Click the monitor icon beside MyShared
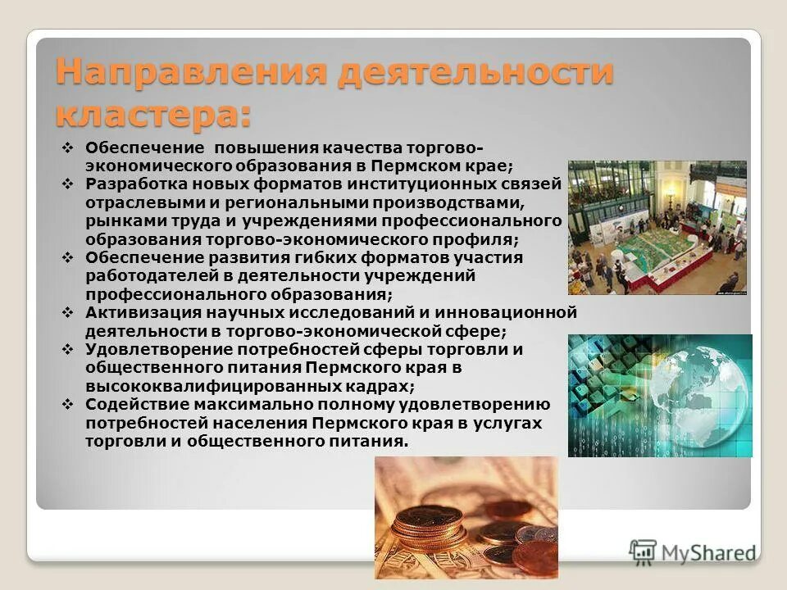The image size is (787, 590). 644,550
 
